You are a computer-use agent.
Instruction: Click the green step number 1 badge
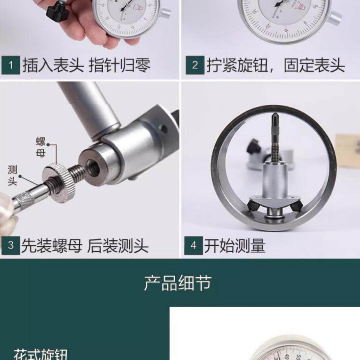(x=10, y=65)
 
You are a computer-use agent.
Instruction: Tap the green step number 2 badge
(x=194, y=65)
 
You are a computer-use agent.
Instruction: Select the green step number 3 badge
(x=10, y=245)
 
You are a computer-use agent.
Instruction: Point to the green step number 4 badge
(x=193, y=245)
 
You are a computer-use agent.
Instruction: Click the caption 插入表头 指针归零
(x=86, y=66)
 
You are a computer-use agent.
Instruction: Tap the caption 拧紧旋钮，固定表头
(x=275, y=66)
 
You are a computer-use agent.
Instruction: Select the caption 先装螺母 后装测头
(x=85, y=246)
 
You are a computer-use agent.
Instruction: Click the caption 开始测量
(x=235, y=246)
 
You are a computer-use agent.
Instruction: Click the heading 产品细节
(x=178, y=283)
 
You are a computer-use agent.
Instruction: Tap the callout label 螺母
(x=41, y=147)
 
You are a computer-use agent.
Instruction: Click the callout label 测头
(x=13, y=175)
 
